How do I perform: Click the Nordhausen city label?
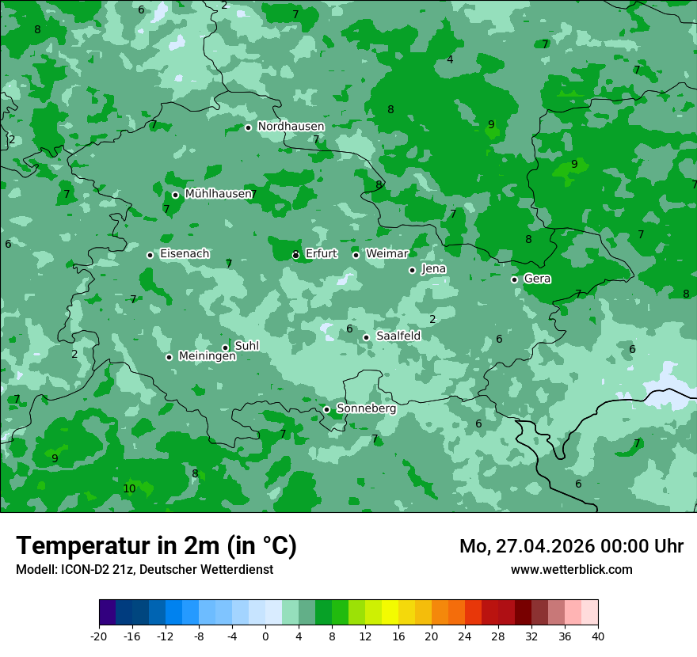pos(291,127)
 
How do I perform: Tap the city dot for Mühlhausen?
pos(175,195)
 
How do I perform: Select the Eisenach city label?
pos(185,254)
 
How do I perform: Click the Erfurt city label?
pos(321,254)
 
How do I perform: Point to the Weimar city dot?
pos(356,255)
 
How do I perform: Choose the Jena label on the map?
pos(434,269)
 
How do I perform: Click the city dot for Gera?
pos(514,279)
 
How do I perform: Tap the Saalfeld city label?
pos(398,336)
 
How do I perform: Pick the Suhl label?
pos(247,346)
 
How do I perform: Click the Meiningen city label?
pos(207,357)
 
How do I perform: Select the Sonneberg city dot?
pos(326,409)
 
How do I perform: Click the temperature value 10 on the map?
pos(129,489)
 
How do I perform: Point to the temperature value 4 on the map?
pos(450,60)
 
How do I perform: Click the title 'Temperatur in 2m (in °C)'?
pos(156,546)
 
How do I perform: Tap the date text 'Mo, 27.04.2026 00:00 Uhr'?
pos(571,546)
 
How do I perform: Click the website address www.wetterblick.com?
pos(571,570)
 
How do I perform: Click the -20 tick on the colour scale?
pos(99,636)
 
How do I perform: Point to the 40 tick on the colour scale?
pos(598,636)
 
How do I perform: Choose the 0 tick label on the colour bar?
pos(265,636)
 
